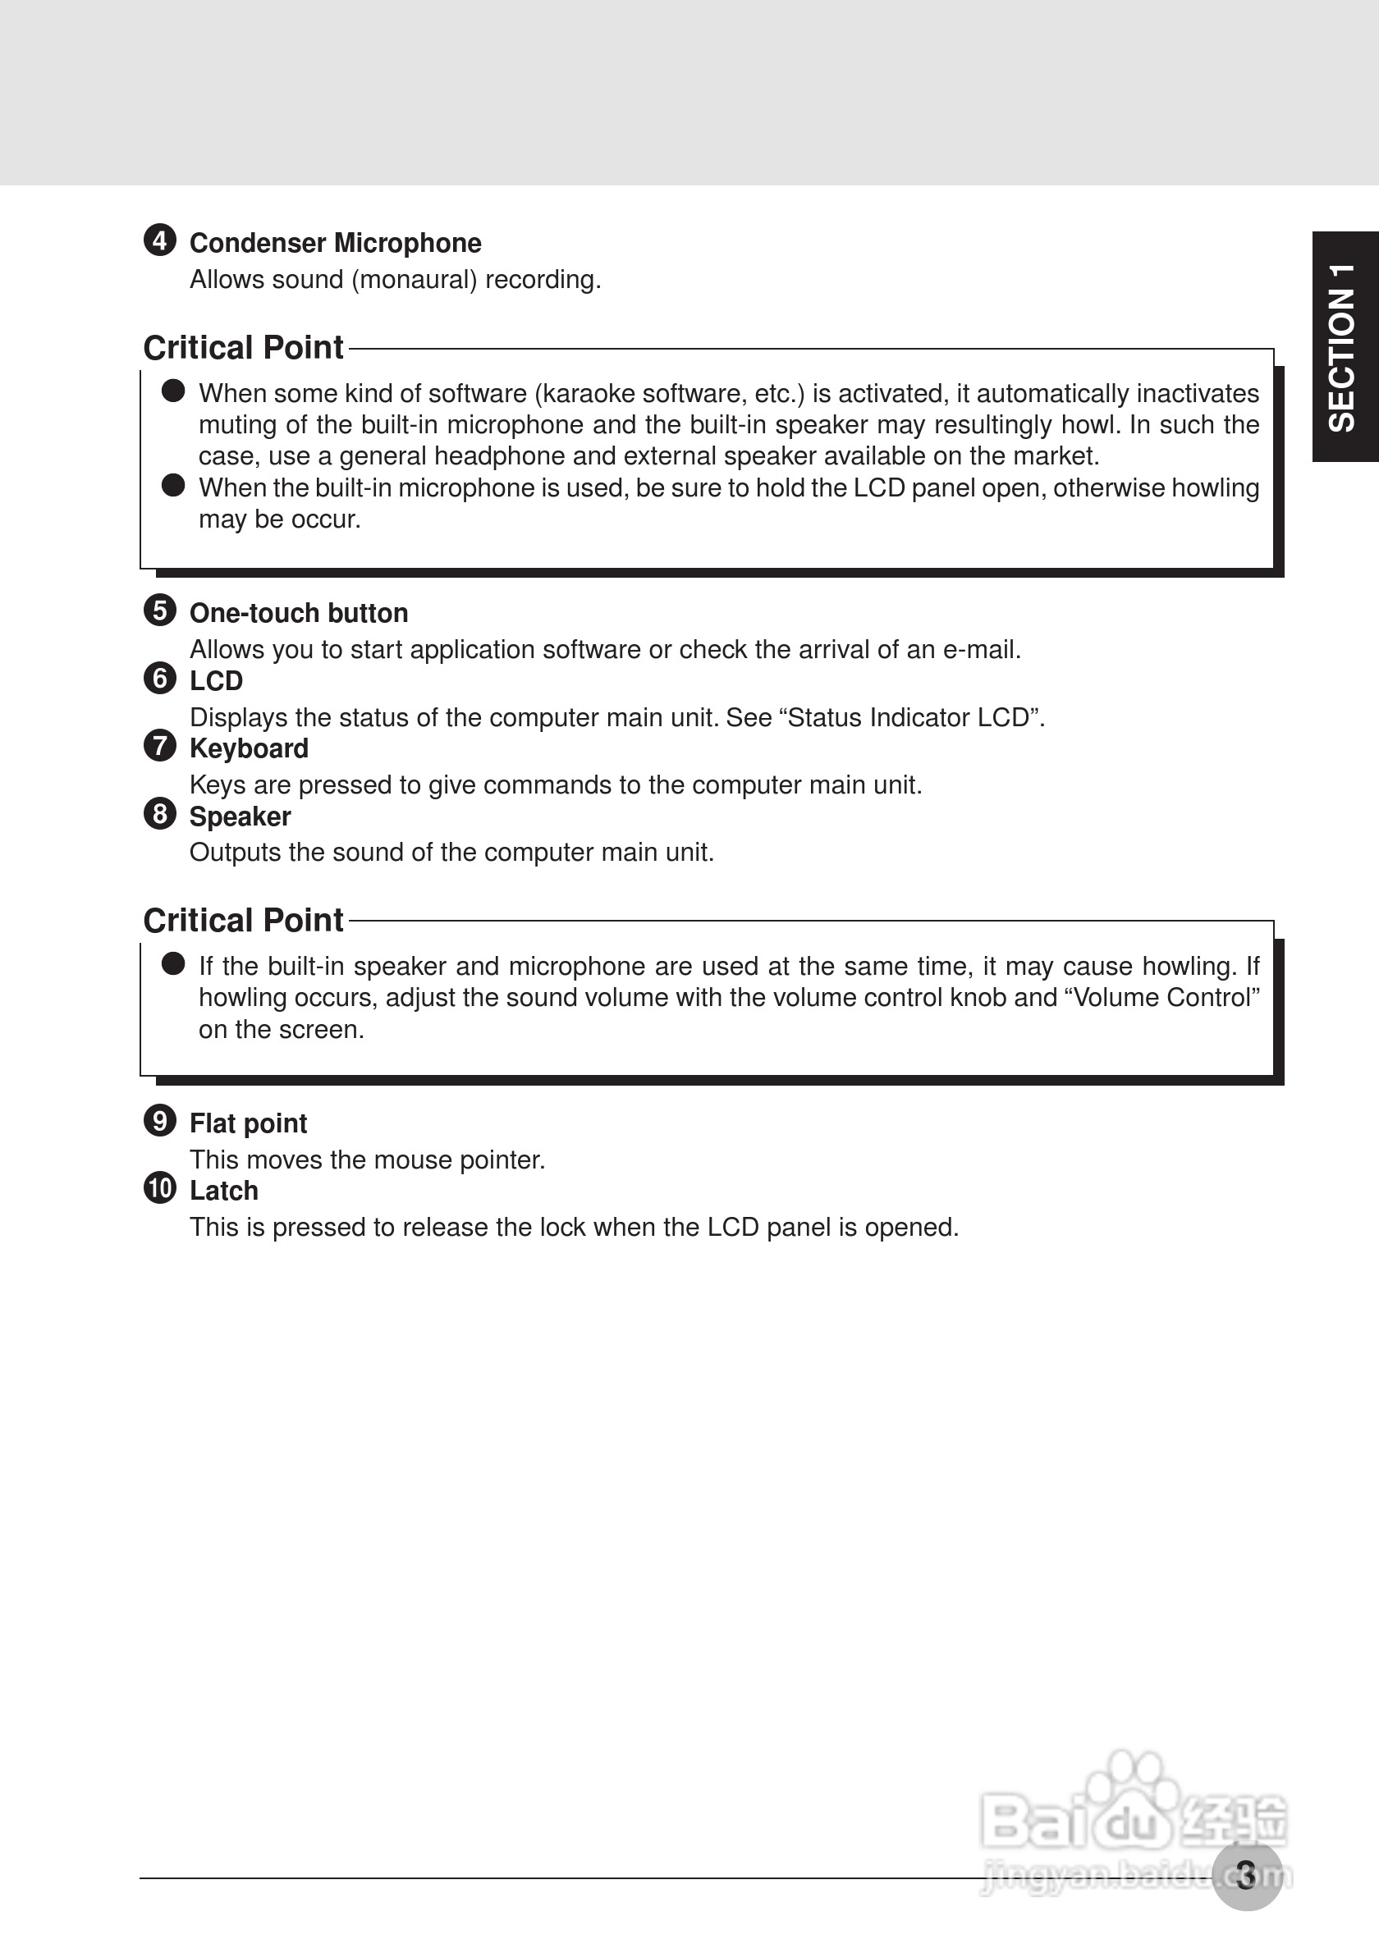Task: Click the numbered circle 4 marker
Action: pyautogui.click(x=160, y=240)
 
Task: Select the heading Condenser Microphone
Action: pyautogui.click(x=335, y=243)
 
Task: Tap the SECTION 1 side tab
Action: pyautogui.click(x=1343, y=347)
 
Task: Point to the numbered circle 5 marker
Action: pyautogui.click(x=160, y=610)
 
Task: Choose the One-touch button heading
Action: pyautogui.click(x=299, y=613)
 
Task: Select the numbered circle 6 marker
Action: pyautogui.click(x=160, y=678)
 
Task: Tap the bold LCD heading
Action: pyautogui.click(x=216, y=681)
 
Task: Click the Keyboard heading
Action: pyautogui.click(x=249, y=748)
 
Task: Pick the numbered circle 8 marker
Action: pyautogui.click(x=160, y=813)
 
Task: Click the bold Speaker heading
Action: pyautogui.click(x=240, y=816)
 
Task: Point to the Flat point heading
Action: pyautogui.click(x=248, y=1123)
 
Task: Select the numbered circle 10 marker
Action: pyautogui.click(x=160, y=1187)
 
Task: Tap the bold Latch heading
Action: pyautogui.click(x=224, y=1191)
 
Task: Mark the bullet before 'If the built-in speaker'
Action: pyautogui.click(x=173, y=963)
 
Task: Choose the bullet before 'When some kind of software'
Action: pyautogui.click(x=173, y=391)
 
